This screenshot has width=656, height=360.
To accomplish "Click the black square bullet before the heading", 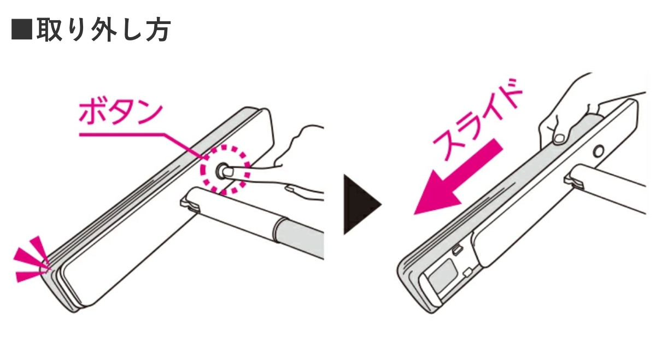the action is tap(22, 29).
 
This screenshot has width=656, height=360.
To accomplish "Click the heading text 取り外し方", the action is tap(104, 30).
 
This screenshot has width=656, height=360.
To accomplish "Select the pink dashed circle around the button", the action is tap(225, 170).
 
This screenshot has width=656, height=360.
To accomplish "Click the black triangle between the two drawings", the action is tap(362, 205).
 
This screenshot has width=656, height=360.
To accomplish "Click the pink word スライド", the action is tap(477, 120).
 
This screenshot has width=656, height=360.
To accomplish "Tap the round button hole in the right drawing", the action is tap(599, 151).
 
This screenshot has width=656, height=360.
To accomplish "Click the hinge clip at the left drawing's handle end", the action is tap(190, 205).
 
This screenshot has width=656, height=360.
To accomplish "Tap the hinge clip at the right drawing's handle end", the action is tap(573, 181).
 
